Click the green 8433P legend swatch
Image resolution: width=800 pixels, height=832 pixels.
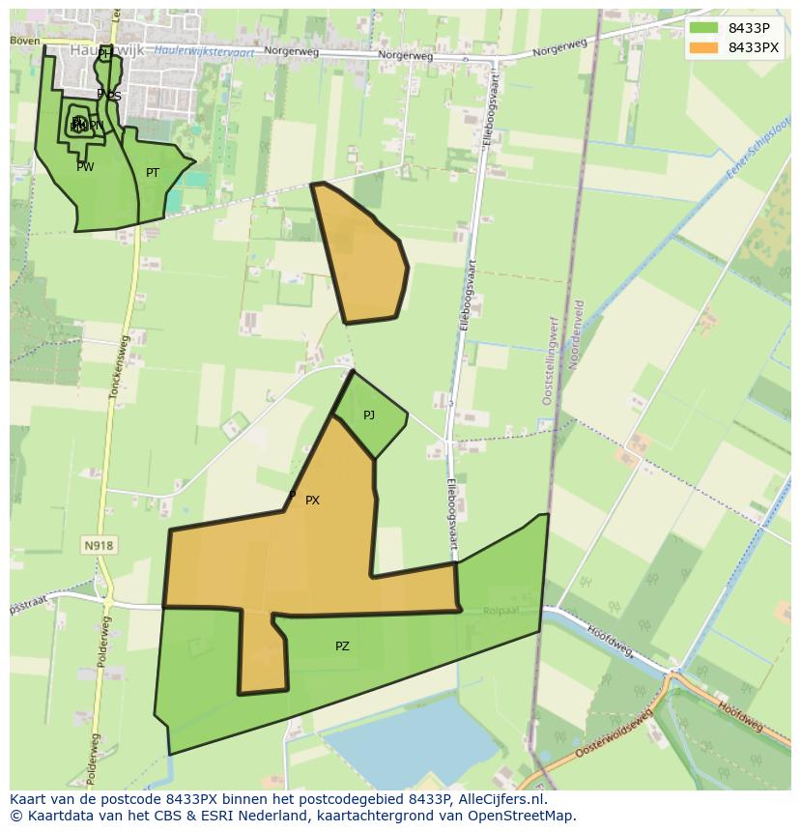703,28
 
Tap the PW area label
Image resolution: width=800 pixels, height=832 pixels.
85,167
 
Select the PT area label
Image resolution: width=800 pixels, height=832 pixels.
153,173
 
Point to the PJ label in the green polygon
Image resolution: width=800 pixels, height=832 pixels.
369,416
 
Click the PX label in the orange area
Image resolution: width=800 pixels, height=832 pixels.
312,501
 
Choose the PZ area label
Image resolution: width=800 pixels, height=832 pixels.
342,646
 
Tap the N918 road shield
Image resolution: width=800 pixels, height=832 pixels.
99,546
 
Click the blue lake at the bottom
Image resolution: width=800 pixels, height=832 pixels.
415,740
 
